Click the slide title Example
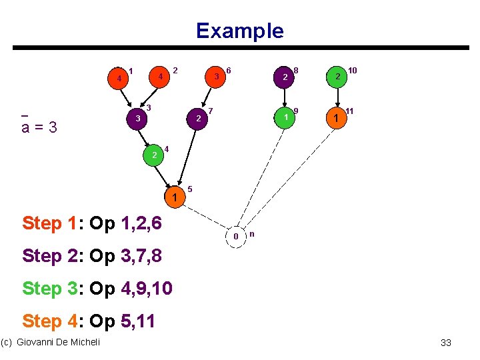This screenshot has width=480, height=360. [239, 31]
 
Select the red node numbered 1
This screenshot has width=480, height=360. [119, 78]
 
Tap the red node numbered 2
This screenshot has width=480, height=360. [161, 77]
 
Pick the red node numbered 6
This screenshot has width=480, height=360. [217, 77]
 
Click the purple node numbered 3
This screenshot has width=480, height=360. [137, 119]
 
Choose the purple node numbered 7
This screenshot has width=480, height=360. [198, 119]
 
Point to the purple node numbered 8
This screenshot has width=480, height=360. [285, 77]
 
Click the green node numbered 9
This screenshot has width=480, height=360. [285, 118]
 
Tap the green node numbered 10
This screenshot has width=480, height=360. [338, 77]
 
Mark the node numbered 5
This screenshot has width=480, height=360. [175, 197]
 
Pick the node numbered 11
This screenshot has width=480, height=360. [337, 118]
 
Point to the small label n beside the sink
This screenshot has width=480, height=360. [251, 233]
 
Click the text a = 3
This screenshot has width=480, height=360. [39, 127]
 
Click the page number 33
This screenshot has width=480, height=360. [446, 343]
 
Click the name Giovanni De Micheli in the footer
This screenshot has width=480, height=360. [58, 342]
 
